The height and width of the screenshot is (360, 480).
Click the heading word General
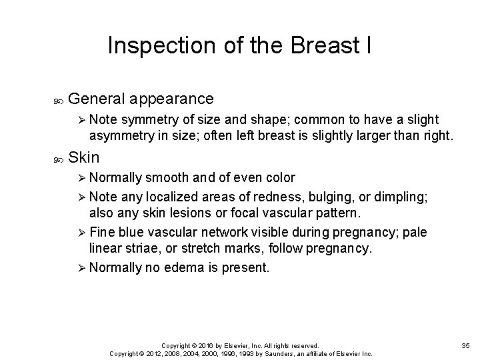(98, 99)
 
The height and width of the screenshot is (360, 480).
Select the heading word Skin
(83, 158)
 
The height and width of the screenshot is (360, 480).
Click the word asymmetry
(121, 137)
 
